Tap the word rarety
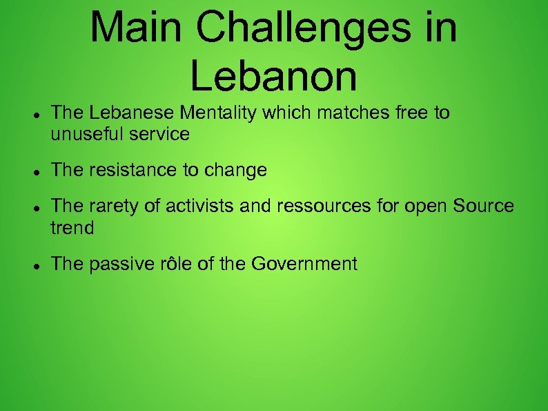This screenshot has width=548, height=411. pos(103,206)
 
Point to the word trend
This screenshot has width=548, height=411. pos(72,227)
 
